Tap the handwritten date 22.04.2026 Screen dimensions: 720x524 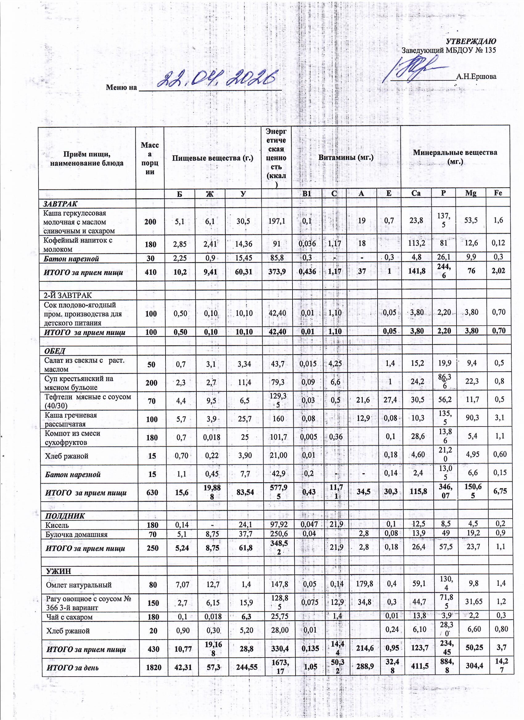[216, 79]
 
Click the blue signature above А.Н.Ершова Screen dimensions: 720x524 [413, 68]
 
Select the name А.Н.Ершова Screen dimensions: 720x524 [476, 76]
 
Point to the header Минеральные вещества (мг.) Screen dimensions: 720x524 [455, 157]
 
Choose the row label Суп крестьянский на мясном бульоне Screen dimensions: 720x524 [79, 383]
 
